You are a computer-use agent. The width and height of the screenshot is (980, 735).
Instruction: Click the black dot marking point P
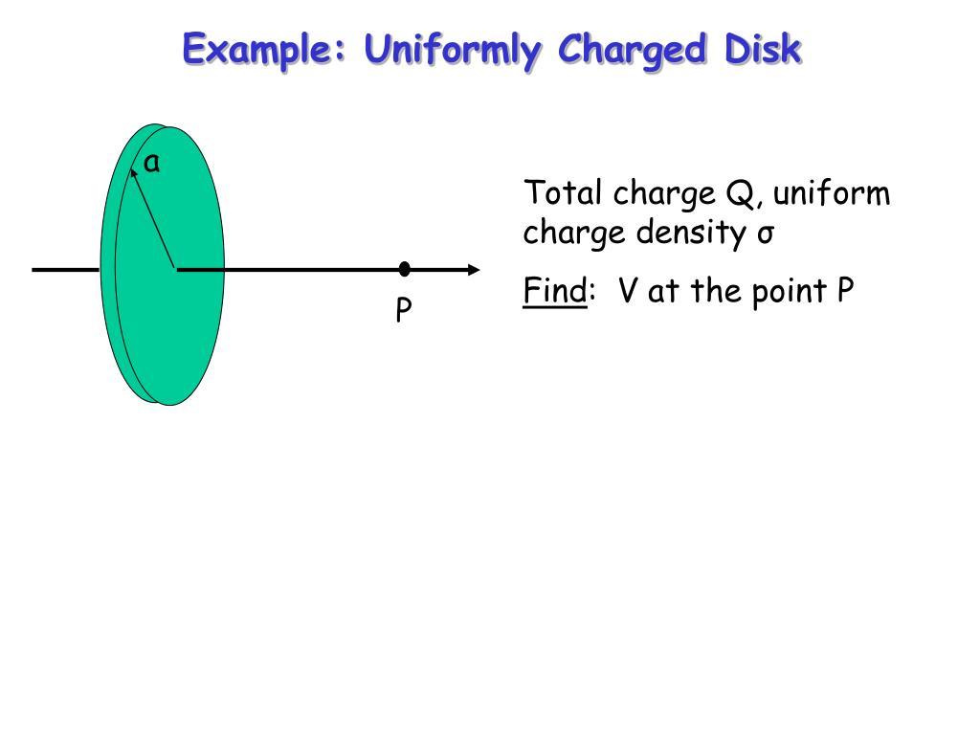(x=405, y=269)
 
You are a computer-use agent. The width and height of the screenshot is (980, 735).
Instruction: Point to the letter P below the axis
(x=405, y=310)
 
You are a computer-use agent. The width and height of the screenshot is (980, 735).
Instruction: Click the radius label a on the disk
(x=151, y=165)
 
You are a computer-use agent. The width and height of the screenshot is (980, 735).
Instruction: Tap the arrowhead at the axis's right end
(x=473, y=269)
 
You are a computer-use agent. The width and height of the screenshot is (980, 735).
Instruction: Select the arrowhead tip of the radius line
(x=133, y=174)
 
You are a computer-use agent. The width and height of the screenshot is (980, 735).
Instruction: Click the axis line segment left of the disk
(x=65, y=270)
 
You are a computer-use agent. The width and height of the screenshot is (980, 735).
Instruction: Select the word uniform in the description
(x=832, y=194)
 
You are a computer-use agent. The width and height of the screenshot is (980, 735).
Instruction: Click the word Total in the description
(x=563, y=194)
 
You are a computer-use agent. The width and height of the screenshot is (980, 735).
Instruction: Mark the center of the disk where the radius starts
(x=175, y=269)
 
